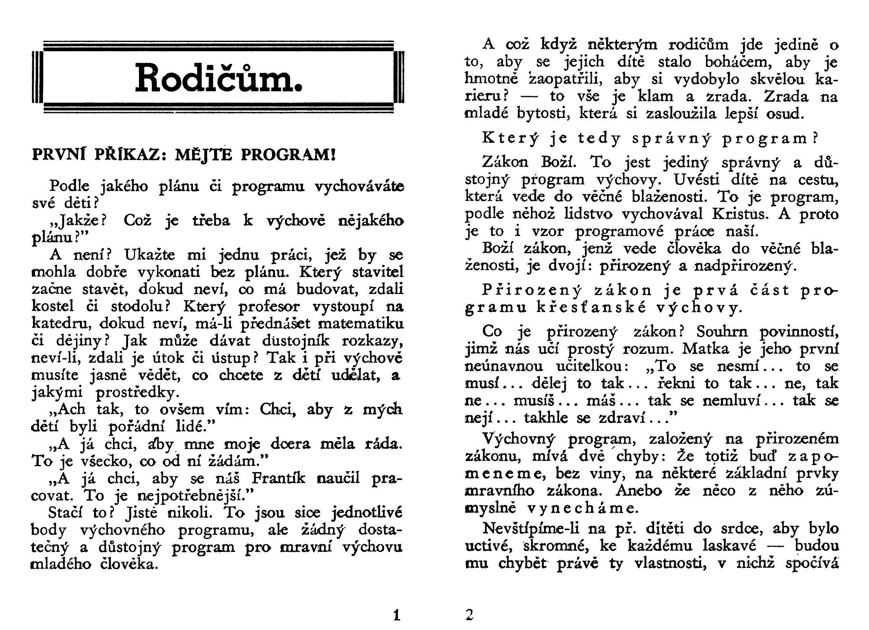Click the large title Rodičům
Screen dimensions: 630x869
[x=218, y=77]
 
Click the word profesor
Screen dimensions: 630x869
[x=268, y=307]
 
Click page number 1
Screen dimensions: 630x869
[x=396, y=616]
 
